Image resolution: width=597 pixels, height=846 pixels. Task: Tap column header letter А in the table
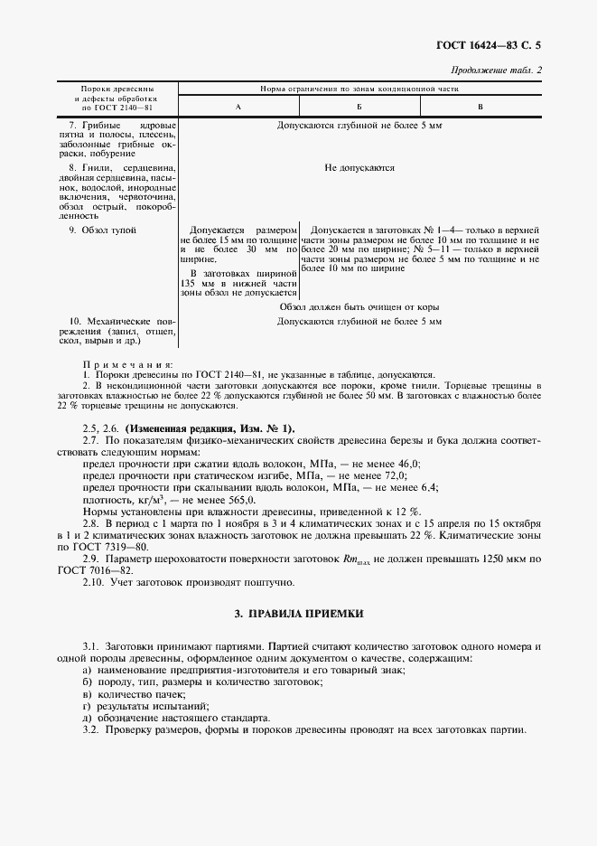point(238,107)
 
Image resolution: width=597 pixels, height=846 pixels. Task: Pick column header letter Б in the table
point(359,107)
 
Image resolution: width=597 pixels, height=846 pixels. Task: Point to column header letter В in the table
point(480,107)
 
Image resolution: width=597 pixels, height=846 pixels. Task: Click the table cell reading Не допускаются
point(359,167)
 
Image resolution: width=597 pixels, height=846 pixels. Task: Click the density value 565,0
point(242,499)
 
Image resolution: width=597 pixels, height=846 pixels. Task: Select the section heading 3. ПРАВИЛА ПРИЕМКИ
point(298,614)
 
